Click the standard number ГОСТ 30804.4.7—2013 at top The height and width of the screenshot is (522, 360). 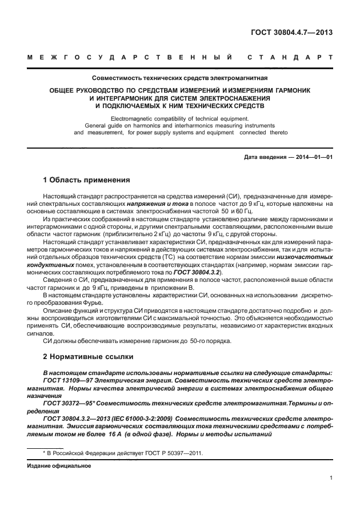[293, 32]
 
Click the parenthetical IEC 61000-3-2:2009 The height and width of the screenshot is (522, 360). [146, 419]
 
